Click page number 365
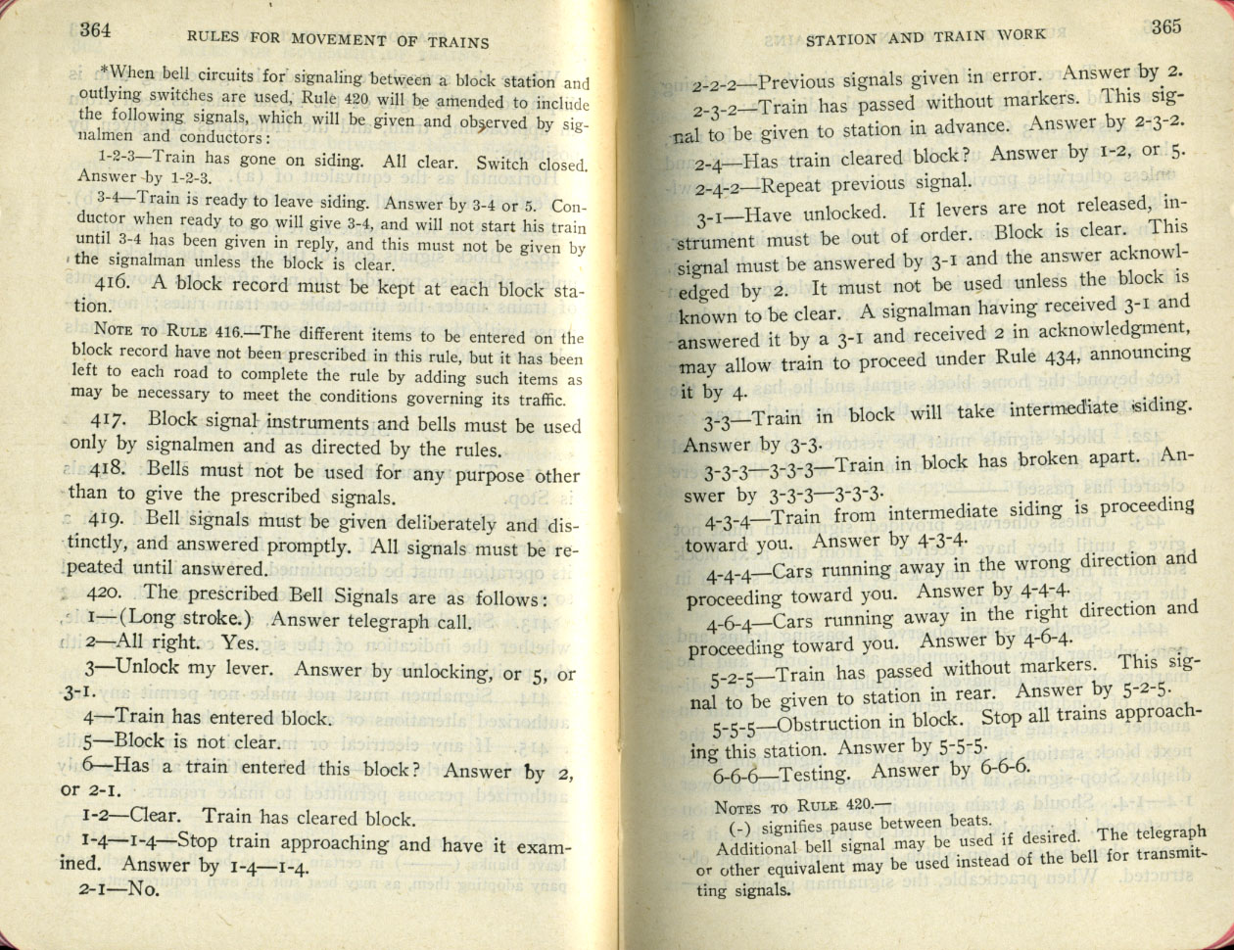point(1165,26)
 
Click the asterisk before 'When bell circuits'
point(104,70)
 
